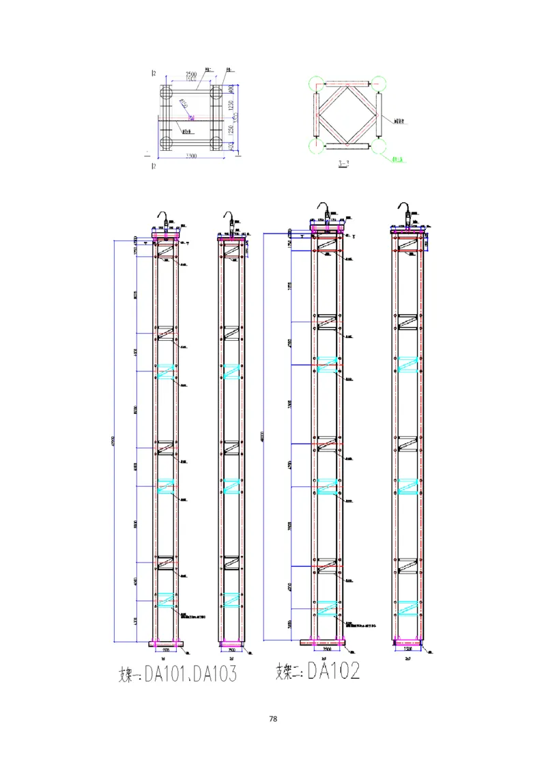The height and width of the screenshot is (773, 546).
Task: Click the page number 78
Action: [273, 719]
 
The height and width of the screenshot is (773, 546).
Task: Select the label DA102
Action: [333, 671]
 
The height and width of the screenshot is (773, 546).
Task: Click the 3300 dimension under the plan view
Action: [191, 156]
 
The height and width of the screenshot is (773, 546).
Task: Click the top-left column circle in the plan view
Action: [166, 92]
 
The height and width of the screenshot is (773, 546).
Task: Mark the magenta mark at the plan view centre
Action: [191, 117]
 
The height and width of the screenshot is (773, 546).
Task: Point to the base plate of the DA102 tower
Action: [323, 642]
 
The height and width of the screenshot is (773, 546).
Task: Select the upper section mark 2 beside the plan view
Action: [154, 72]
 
